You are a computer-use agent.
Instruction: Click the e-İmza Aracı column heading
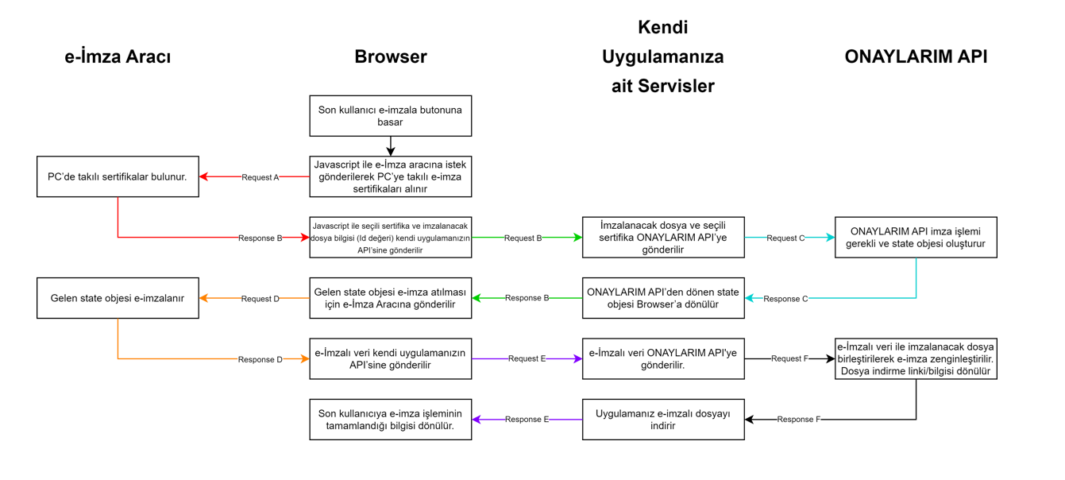coord(118,57)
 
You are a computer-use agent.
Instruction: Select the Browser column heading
coord(390,57)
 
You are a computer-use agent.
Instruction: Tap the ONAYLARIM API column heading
coord(916,57)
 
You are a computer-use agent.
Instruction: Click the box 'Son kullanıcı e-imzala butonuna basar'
coord(390,116)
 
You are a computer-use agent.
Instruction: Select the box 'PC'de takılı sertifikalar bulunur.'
coord(118,176)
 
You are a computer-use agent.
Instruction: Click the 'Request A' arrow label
coord(260,177)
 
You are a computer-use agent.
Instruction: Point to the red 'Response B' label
coord(260,238)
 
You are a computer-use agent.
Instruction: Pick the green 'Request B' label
coord(523,238)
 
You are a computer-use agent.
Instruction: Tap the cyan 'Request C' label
coord(785,238)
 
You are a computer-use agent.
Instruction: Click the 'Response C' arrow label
coord(785,299)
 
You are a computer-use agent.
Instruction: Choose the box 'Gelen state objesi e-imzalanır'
coord(118,298)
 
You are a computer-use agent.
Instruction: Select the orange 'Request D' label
coord(260,299)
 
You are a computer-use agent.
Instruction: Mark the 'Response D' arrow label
coord(260,359)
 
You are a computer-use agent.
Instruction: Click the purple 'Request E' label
coord(527,358)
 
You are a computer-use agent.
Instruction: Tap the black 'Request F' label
coord(789,358)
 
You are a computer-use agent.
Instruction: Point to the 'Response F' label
coord(798,420)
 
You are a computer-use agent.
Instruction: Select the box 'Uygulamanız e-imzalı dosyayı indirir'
coord(663,420)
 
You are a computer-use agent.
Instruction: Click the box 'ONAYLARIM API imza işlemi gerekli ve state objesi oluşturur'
coord(916,238)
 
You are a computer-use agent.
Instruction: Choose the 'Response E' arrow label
coord(527,420)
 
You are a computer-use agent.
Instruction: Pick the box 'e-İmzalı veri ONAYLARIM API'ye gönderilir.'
coord(663,358)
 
